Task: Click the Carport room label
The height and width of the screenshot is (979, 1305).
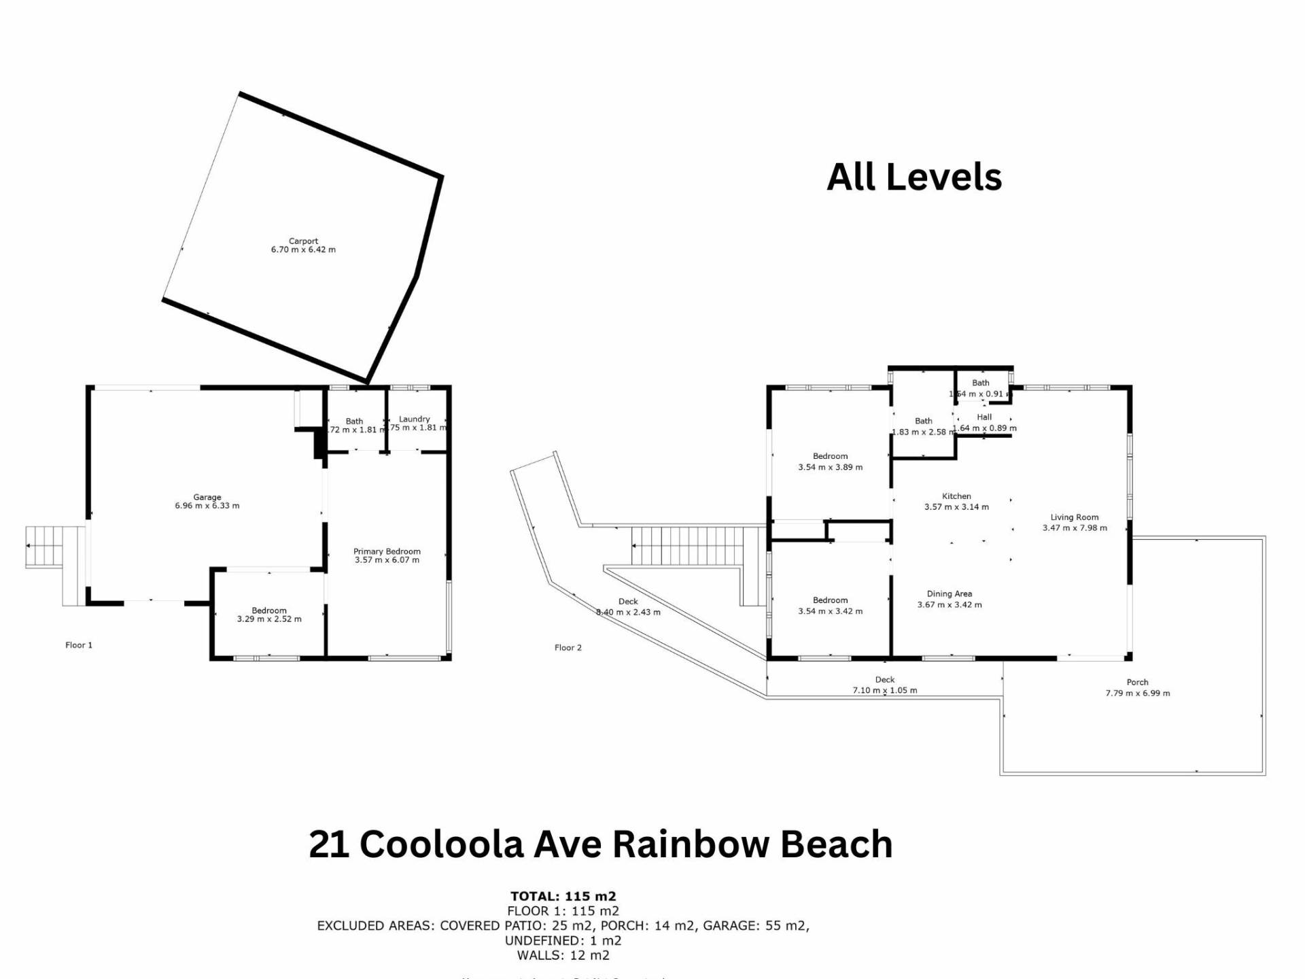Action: tap(303, 241)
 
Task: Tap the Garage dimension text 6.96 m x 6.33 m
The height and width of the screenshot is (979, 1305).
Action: tap(207, 506)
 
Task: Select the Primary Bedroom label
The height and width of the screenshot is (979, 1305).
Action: tap(387, 551)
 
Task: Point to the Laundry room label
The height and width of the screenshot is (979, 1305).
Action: tap(415, 419)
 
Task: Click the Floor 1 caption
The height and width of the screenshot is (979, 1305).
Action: tap(79, 645)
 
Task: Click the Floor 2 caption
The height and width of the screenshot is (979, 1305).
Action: tap(568, 648)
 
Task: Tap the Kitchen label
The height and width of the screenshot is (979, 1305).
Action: tap(956, 496)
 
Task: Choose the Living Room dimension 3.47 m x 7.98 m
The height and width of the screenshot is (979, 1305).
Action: tap(1075, 528)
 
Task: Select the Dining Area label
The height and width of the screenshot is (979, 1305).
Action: tap(950, 594)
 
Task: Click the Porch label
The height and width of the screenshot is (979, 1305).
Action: tap(1137, 682)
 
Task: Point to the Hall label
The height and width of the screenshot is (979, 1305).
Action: tap(984, 417)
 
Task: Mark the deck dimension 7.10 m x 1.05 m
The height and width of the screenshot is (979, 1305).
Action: tap(885, 691)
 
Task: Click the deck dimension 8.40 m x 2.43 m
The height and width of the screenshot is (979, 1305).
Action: tap(628, 612)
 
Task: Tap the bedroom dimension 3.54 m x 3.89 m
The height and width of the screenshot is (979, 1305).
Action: tap(830, 468)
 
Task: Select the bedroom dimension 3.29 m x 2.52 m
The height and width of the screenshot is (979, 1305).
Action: tap(269, 619)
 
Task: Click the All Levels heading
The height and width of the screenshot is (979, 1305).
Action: tap(914, 177)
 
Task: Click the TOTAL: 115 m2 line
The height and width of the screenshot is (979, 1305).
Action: tap(563, 896)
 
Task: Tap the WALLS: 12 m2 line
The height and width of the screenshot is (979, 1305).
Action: tap(563, 955)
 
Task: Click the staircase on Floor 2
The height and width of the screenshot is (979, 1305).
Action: tap(686, 545)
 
